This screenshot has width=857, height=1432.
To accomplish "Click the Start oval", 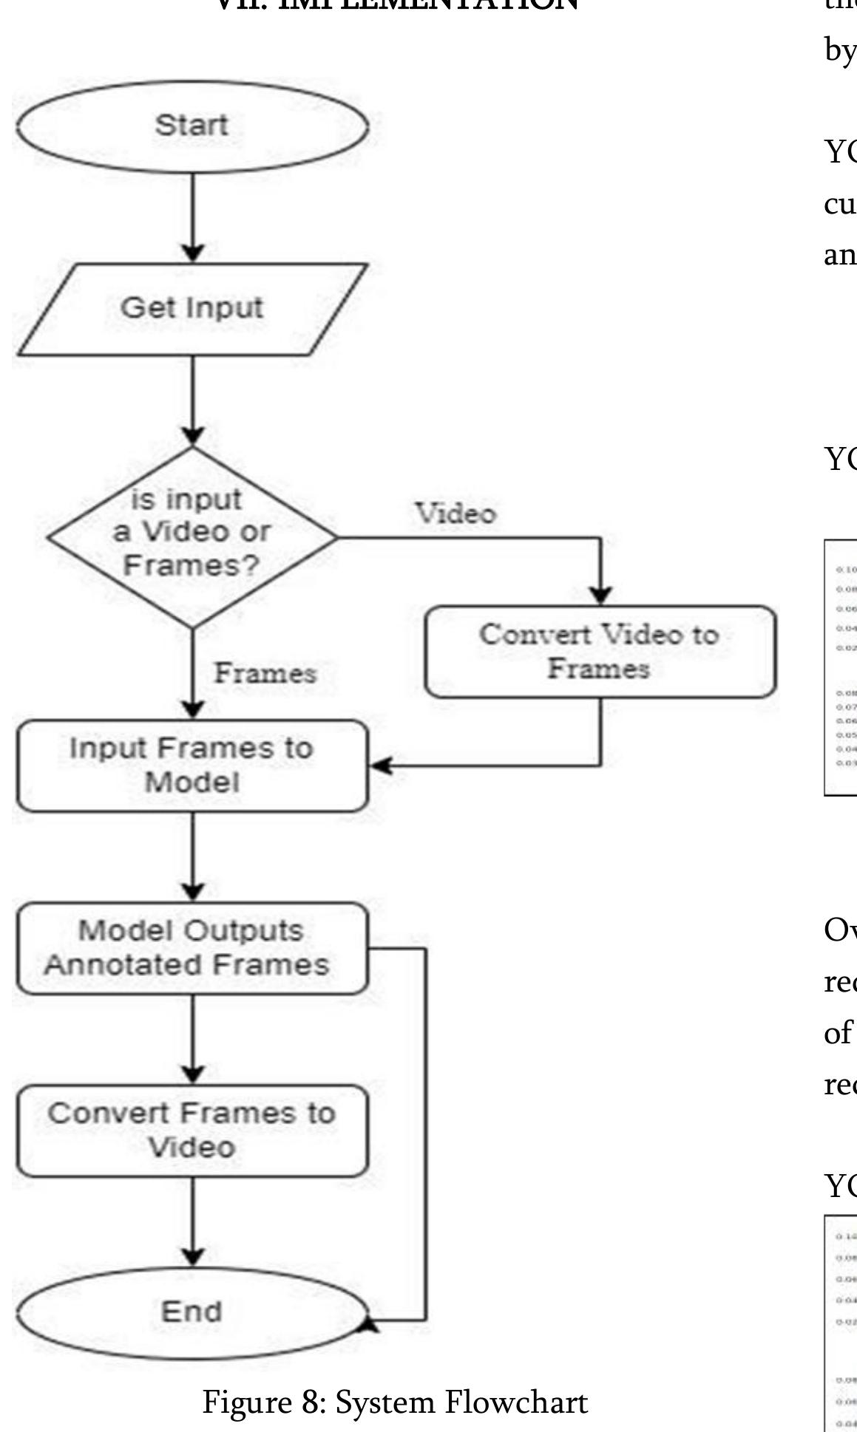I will point(192,126).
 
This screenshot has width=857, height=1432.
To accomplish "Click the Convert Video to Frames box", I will point(600,652).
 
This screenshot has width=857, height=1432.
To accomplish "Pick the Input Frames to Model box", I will point(192,766).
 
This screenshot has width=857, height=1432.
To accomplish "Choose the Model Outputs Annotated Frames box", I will point(192,948).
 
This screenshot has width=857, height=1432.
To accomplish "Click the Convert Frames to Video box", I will point(192,1131).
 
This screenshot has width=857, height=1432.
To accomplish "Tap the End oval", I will point(192,1312).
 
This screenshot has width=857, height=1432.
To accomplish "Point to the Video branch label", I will point(455,514).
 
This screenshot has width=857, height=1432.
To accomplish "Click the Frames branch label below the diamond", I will point(265,673).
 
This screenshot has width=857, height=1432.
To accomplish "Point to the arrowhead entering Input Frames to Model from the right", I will point(381,766).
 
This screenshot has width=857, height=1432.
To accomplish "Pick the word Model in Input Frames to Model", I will point(192,783).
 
